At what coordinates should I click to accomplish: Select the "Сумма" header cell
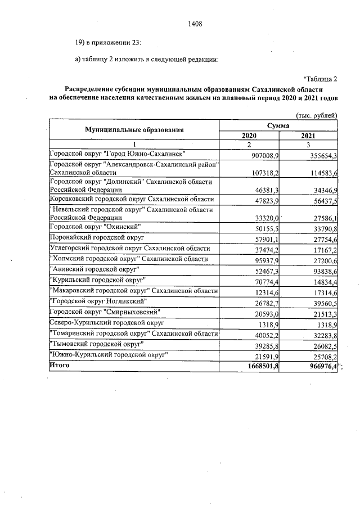(278, 125)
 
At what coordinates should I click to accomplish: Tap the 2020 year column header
(249, 136)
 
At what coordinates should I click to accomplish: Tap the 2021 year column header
(308, 136)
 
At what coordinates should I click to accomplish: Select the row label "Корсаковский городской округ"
(132, 200)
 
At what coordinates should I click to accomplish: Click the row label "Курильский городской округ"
(98, 280)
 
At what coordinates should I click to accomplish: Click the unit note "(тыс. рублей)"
(316, 115)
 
